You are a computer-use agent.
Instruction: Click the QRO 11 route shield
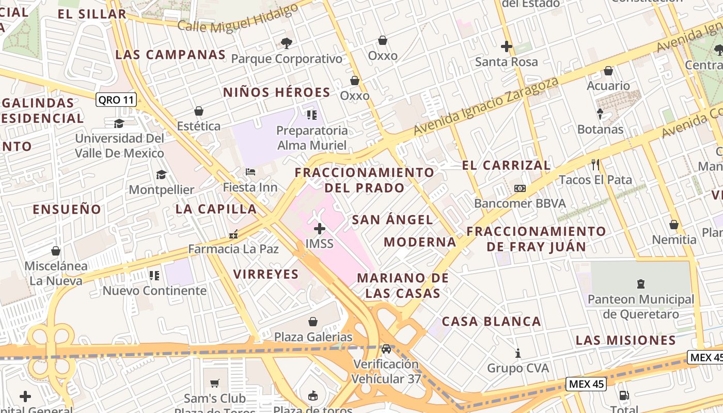116,100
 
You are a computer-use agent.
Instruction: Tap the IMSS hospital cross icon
320,228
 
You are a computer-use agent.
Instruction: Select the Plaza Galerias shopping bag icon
313,322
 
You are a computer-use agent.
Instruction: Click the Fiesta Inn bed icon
250,172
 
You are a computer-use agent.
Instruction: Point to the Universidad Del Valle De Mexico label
119,146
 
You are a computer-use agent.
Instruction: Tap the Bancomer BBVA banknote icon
520,188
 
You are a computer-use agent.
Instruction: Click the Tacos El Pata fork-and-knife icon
595,165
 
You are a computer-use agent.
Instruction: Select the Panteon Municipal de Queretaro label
641,307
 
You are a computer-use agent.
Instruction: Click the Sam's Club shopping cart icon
215,383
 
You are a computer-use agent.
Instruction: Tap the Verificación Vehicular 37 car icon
386,348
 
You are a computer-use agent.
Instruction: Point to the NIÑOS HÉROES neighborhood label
276,92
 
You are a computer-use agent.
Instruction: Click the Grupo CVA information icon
518,354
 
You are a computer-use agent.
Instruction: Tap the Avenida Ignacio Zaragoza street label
486,107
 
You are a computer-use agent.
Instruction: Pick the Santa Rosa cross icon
506,46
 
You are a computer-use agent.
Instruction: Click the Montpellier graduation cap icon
161,174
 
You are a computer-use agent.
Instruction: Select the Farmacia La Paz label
233,249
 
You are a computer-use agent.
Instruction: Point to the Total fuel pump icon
624,396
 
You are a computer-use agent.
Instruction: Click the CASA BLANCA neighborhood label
491,322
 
